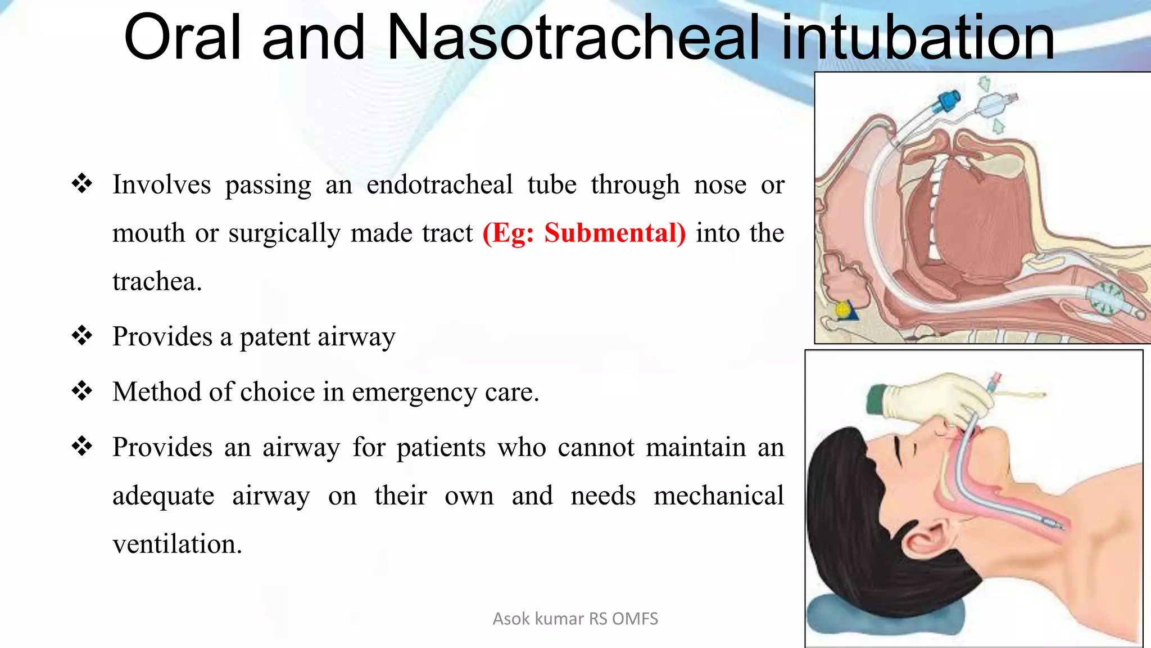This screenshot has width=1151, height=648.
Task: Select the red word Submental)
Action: pyautogui.click(x=615, y=233)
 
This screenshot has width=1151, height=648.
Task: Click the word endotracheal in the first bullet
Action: pyautogui.click(x=439, y=184)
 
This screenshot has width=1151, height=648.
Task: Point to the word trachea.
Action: pyautogui.click(x=156, y=281)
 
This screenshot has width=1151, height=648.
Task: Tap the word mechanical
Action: pyautogui.click(x=718, y=496)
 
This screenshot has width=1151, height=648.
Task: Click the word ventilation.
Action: pyautogui.click(x=177, y=544)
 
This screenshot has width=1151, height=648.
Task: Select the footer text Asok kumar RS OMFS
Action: pyautogui.click(x=575, y=619)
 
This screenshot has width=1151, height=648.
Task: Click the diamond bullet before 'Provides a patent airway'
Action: pyautogui.click(x=82, y=336)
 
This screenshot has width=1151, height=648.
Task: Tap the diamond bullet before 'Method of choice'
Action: pyautogui.click(x=82, y=391)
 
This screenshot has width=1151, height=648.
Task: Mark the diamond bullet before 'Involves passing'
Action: pyautogui.click(x=82, y=184)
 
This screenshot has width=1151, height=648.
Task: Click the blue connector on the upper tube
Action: pyautogui.click(x=949, y=102)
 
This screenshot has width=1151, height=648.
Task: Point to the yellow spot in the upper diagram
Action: pyautogui.click(x=842, y=309)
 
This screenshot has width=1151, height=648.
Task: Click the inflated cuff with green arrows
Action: pyautogui.click(x=1105, y=299)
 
